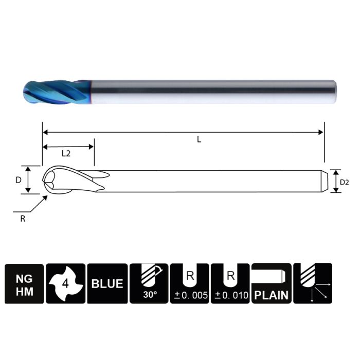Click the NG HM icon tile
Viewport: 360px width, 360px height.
coord(24,283)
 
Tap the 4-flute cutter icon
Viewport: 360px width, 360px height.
coord(65,283)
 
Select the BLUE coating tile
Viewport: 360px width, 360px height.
coord(107,283)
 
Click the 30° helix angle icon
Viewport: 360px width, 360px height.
coord(149,283)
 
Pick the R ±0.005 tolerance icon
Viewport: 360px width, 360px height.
coord(189,283)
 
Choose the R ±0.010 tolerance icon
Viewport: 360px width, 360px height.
coord(230,283)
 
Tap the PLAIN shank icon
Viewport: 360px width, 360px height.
coord(272,283)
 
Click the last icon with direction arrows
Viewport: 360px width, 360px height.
coord(313,283)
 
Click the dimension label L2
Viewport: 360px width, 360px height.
coord(66,153)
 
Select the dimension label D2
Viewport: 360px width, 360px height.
coord(345,182)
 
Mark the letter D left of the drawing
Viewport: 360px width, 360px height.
coord(19,180)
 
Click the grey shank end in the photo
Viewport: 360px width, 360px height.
coord(332,92)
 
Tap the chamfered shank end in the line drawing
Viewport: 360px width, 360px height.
coord(325,181)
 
